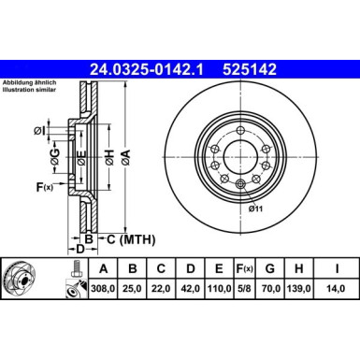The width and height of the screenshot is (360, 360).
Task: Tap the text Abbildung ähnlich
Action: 30,82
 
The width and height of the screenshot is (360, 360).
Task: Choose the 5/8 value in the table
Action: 242,290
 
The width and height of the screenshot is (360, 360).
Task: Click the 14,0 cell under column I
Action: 332,290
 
